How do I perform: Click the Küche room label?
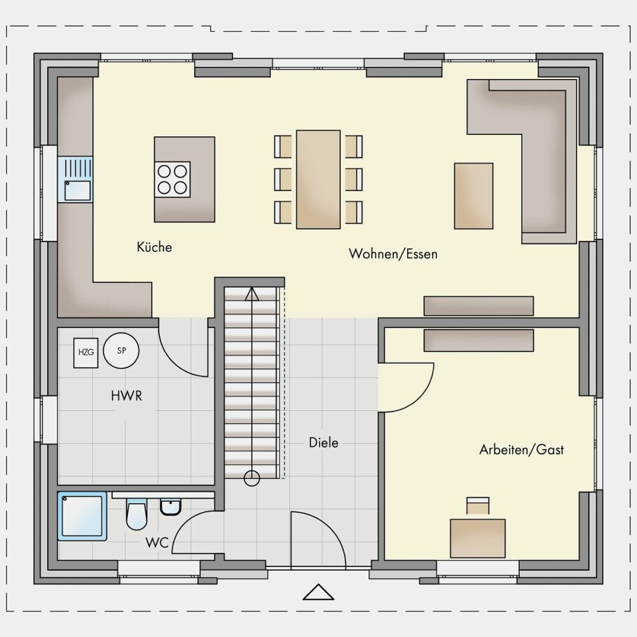tap(154, 247)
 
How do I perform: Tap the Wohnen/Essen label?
tap(393, 254)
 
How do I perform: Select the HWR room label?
tap(127, 396)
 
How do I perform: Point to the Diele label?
tap(324, 443)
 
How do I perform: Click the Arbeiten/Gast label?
tap(522, 450)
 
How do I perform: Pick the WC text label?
tap(157, 543)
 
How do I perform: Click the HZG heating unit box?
tap(86, 352)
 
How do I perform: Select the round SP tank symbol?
tap(121, 350)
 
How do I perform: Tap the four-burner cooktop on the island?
tap(172, 180)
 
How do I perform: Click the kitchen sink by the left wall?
tap(75, 180)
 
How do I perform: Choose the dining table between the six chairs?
tap(318, 180)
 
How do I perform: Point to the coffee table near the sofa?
tap(474, 196)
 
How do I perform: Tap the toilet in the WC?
tap(136, 514)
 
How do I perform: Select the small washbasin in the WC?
tap(171, 508)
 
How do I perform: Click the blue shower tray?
tap(82, 517)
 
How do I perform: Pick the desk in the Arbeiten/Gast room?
tap(478, 538)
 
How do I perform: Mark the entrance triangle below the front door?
tap(318, 592)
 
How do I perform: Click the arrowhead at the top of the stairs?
tap(252, 294)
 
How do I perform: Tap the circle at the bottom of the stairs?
tap(252, 478)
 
